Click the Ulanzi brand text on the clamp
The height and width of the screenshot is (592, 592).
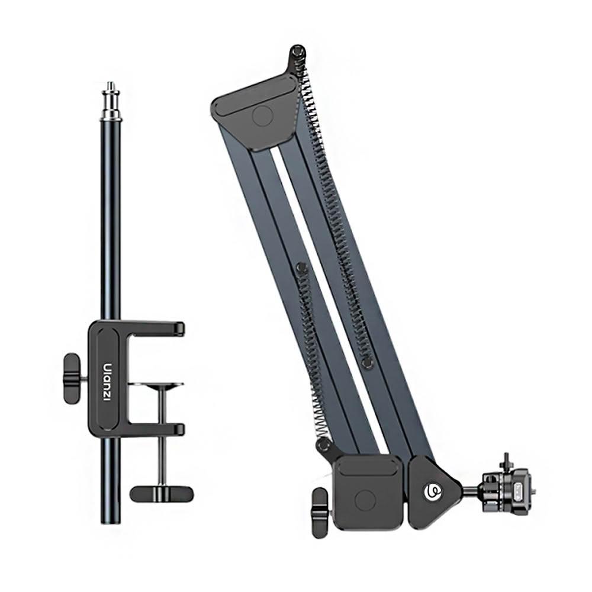click(107, 382)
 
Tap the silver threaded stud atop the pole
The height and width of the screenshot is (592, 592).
click(110, 99)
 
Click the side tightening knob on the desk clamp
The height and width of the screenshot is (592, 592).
click(72, 378)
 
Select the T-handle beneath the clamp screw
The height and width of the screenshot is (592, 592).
click(162, 492)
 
